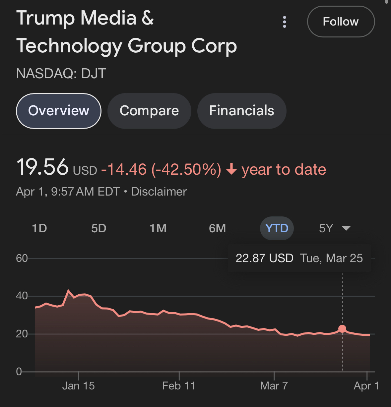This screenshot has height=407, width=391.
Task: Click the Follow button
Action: coord(341,22)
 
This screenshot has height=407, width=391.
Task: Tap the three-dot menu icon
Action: coord(284,22)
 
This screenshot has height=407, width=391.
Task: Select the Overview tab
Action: coord(59,111)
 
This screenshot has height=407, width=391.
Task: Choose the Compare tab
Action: coord(149,111)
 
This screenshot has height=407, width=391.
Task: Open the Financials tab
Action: coord(241,111)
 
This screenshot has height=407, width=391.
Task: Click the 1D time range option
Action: coord(39,228)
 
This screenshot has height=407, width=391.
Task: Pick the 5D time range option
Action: coord(98,228)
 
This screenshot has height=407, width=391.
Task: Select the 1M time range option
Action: coord(158,228)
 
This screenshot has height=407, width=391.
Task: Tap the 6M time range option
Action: coord(217,228)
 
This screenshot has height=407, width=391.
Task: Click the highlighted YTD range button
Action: coord(277,228)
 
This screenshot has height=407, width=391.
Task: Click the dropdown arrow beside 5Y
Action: coord(346,228)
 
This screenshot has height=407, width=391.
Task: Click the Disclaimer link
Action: coord(159,192)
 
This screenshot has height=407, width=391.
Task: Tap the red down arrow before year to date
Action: coord(231,170)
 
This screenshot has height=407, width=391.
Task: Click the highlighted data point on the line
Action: coord(342,329)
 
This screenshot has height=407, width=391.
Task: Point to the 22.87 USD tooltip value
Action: coord(264,258)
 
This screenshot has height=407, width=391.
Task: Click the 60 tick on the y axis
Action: coord(22,258)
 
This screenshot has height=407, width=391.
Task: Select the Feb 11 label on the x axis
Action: coord(179,386)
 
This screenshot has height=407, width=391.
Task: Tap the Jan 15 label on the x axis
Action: coord(79,386)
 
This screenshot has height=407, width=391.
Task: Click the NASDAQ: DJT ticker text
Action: coord(61,74)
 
